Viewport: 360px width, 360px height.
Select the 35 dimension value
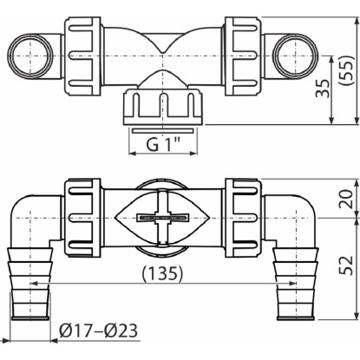pyautogui.click(x=323, y=88)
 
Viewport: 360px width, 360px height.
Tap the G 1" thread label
pyautogui.click(x=163, y=144)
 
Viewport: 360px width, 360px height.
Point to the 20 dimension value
pyautogui.click(x=346, y=199)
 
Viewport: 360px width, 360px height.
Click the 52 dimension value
pyautogui.click(x=346, y=265)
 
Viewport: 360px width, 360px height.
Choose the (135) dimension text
pyautogui.click(x=162, y=273)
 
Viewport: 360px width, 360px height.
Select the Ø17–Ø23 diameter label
pyautogui.click(x=98, y=331)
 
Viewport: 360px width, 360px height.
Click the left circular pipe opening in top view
pyautogui.click(x=29, y=56)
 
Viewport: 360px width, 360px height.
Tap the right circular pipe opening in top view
pyautogui.click(x=295, y=56)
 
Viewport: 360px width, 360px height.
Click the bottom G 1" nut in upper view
pyautogui.click(x=163, y=107)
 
